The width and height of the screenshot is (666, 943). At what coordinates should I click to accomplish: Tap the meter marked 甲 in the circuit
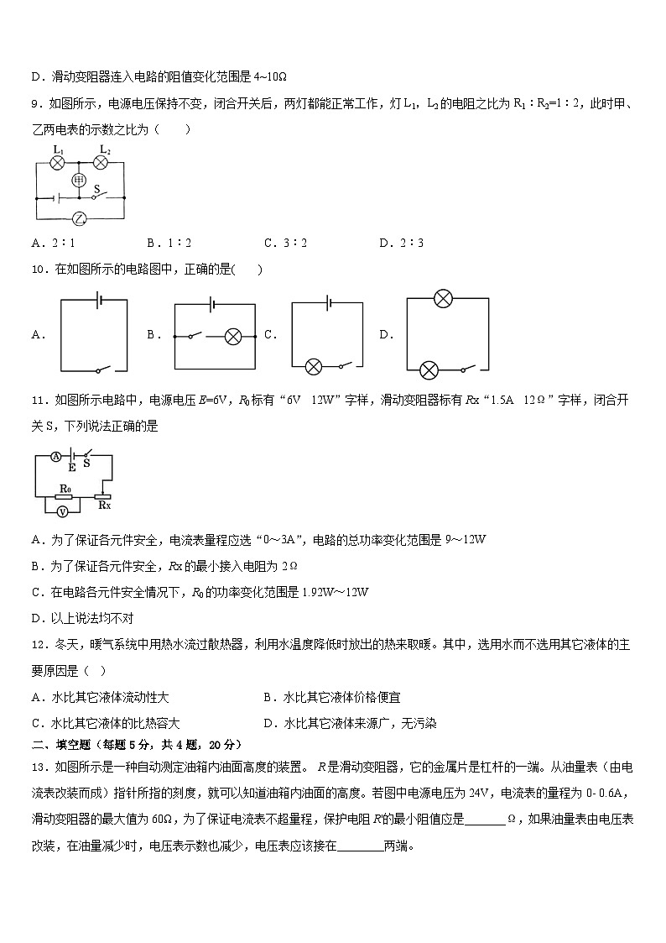coord(80,181)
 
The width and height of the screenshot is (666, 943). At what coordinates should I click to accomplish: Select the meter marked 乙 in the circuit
coord(79,218)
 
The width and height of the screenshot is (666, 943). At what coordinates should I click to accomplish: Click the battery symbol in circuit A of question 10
coord(98,301)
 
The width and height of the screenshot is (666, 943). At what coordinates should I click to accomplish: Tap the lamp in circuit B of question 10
coord(234,336)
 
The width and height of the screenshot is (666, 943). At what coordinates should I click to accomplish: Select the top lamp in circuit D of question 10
coord(443,298)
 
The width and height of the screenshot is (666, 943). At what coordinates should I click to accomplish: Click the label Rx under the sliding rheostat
coord(104,506)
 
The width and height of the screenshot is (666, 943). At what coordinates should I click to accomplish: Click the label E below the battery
coord(72,467)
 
